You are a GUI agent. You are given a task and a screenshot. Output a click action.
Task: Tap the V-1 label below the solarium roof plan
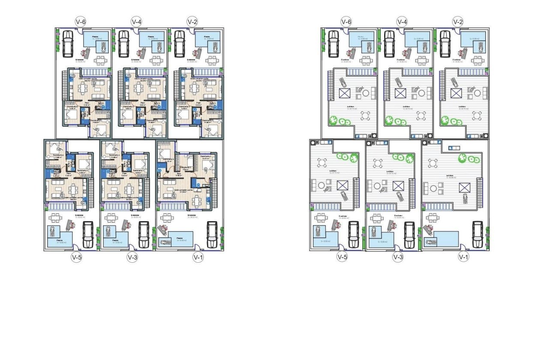(x=463, y=258)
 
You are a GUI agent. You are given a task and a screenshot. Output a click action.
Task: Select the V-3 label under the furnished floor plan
(x=132, y=258)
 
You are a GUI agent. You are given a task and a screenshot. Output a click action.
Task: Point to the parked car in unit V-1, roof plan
(x=478, y=234)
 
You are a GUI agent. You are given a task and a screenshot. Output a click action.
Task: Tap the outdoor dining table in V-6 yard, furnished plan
(x=101, y=60)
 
